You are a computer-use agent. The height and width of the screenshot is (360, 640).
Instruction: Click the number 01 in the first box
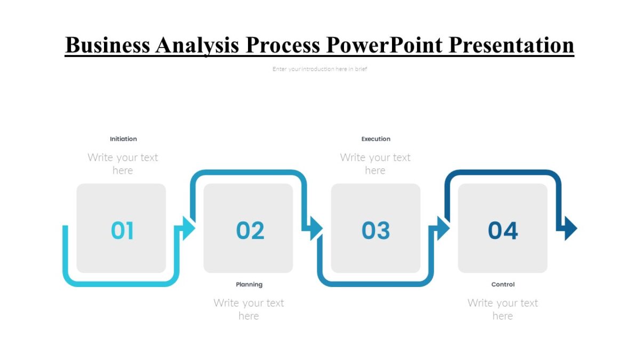122,230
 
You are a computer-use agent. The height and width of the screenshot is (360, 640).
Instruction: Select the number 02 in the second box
250,230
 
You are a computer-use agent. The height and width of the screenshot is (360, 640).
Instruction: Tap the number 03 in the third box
376,230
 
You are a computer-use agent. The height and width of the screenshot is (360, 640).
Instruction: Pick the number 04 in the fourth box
503,230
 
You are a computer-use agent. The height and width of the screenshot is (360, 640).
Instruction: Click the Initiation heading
123,139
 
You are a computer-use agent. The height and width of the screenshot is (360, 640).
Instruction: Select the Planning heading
249,284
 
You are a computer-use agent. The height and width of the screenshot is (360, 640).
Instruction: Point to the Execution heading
376,139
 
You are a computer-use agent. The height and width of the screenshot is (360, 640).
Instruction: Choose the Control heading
503,284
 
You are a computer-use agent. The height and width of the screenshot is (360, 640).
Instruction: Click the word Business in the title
107,45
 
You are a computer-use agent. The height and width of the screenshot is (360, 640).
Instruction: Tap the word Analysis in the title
197,45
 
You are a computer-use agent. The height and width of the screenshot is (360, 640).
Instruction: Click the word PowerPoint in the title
384,45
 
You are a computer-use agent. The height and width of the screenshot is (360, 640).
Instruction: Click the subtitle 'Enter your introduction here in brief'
319,69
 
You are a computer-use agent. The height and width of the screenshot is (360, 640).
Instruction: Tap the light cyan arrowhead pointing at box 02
188,228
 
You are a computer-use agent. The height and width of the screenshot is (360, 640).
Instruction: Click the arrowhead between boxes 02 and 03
315,228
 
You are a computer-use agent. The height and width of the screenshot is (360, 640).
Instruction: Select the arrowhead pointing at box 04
443,228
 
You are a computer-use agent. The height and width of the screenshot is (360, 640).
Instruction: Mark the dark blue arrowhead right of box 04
570,228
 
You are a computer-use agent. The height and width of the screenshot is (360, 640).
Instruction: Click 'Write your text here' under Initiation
123,164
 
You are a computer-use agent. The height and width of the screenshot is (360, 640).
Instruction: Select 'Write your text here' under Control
502,309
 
